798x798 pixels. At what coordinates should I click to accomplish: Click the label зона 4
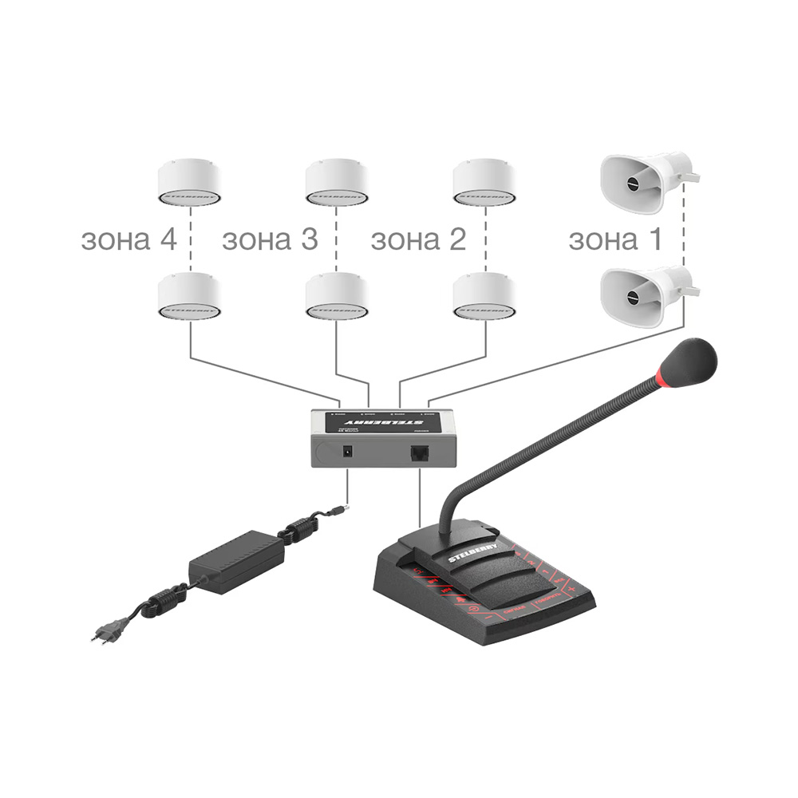click(128, 239)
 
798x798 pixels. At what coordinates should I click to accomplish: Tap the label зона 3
click(269, 239)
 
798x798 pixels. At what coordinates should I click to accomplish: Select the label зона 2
click(418, 239)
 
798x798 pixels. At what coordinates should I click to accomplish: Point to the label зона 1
click(615, 239)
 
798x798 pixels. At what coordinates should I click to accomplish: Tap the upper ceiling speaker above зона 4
click(189, 183)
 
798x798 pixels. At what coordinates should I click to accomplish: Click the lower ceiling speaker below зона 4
click(189, 297)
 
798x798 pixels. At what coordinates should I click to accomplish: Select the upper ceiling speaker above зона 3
click(337, 183)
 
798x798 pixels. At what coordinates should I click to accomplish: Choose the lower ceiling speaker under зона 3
click(337, 297)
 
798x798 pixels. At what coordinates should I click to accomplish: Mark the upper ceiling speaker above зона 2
click(484, 183)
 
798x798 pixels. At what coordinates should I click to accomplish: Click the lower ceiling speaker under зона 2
click(484, 297)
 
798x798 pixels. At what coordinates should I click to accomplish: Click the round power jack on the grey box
click(348, 452)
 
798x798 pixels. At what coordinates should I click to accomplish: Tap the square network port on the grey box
click(420, 452)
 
